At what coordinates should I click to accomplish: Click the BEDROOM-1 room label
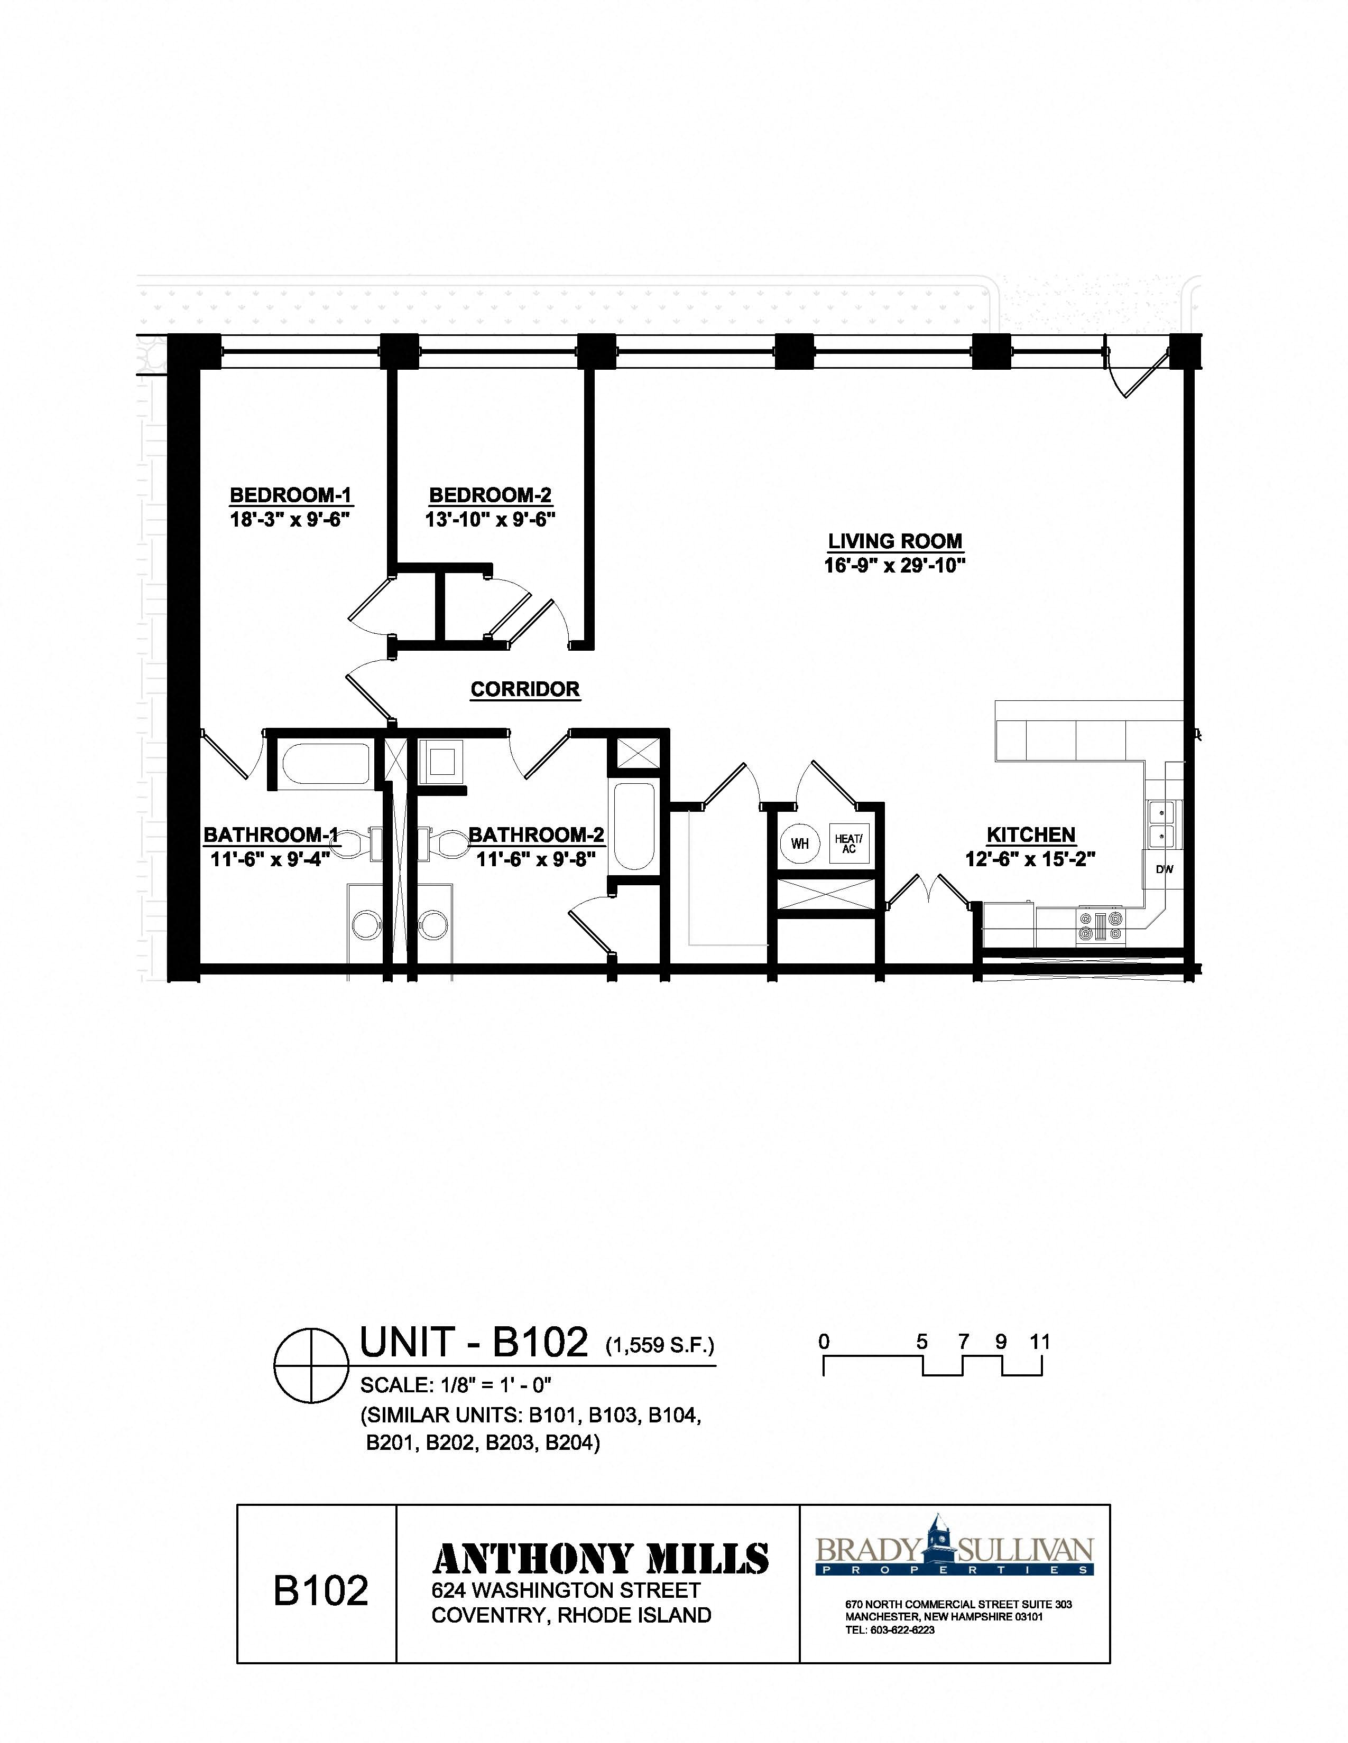pyautogui.click(x=291, y=495)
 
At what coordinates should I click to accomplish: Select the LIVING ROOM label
pyautogui.click(x=894, y=541)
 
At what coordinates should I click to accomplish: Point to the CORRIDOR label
pyautogui.click(x=525, y=689)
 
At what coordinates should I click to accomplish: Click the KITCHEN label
pyautogui.click(x=1031, y=835)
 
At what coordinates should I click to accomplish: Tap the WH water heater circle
pyautogui.click(x=799, y=844)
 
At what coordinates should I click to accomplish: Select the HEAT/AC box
pyautogui.click(x=848, y=844)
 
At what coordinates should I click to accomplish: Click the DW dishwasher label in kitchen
pyautogui.click(x=1165, y=869)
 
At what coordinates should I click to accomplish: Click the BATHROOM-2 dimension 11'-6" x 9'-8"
pyautogui.click(x=536, y=859)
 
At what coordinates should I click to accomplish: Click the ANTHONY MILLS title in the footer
pyautogui.click(x=600, y=1559)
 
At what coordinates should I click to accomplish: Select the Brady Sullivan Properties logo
pyautogui.click(x=954, y=1548)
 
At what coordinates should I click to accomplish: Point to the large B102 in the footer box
pyautogui.click(x=320, y=1590)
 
